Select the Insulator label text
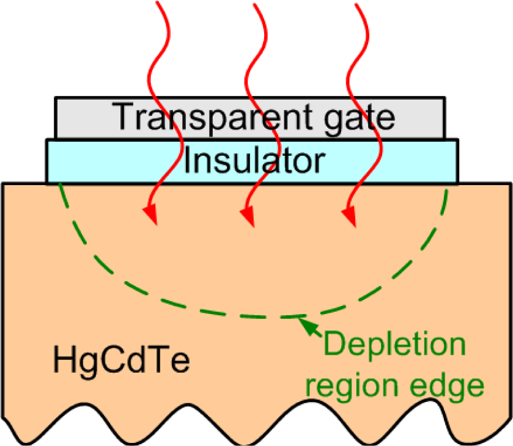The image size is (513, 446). click(253, 161)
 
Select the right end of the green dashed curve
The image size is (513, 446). click(449, 189)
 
